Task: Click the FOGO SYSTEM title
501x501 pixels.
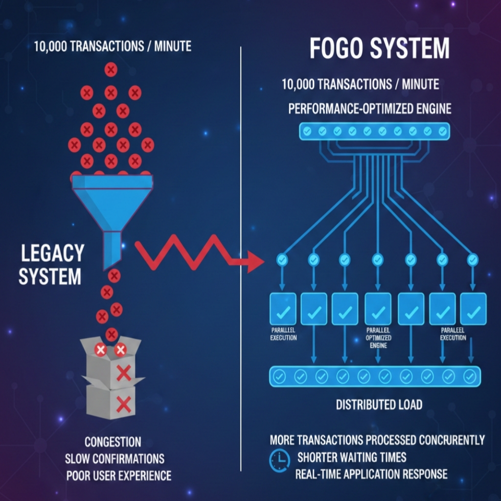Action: pos(379,49)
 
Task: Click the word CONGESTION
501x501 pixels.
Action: pos(113,442)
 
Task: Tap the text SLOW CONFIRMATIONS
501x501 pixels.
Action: pos(114,458)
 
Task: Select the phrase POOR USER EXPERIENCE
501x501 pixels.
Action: pos(119,475)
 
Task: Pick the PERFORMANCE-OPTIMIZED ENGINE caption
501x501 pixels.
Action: pos(369,108)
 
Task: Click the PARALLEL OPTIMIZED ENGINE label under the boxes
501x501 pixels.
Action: pos(378,338)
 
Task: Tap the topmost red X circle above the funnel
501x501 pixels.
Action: pos(111,70)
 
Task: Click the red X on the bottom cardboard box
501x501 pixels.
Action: pos(124,404)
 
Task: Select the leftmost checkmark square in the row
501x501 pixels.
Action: pos(283,309)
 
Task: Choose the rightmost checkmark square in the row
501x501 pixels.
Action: pos(473,309)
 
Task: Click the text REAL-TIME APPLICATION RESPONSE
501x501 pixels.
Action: pos(371,474)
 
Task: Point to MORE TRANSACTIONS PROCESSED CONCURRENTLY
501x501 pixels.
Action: pos(377,440)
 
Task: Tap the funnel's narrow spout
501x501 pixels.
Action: pos(112,250)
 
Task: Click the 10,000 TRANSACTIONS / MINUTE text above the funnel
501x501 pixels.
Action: pos(113,47)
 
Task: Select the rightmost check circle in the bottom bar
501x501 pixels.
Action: pos(470,376)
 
